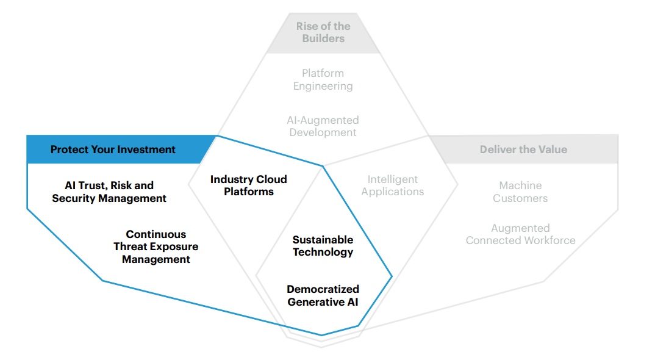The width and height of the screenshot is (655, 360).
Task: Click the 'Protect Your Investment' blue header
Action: coord(113,149)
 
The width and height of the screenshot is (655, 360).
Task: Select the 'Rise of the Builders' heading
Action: coord(323,32)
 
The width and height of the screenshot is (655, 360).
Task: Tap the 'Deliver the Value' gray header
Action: coord(523,149)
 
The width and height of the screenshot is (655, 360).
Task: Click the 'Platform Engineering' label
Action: coord(323,80)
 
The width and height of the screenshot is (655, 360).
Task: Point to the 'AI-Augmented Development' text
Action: coord(323,126)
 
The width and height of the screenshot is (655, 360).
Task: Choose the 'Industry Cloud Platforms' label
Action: coord(248,185)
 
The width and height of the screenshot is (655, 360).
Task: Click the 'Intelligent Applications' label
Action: coord(392,185)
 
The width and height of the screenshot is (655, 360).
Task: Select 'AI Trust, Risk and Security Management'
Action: coord(109,192)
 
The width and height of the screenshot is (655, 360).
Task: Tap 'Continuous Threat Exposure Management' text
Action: coord(156,247)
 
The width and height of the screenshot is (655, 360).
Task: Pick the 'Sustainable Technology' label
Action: coord(323,246)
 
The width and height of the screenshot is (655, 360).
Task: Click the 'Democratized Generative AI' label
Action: coord(323,295)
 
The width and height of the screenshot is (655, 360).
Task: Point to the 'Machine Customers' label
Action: coord(520,192)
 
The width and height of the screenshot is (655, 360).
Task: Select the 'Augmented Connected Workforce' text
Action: coord(520,234)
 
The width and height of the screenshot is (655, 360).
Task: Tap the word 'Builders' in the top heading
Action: coord(323,38)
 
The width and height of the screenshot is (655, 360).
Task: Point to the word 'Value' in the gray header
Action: coord(552,149)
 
